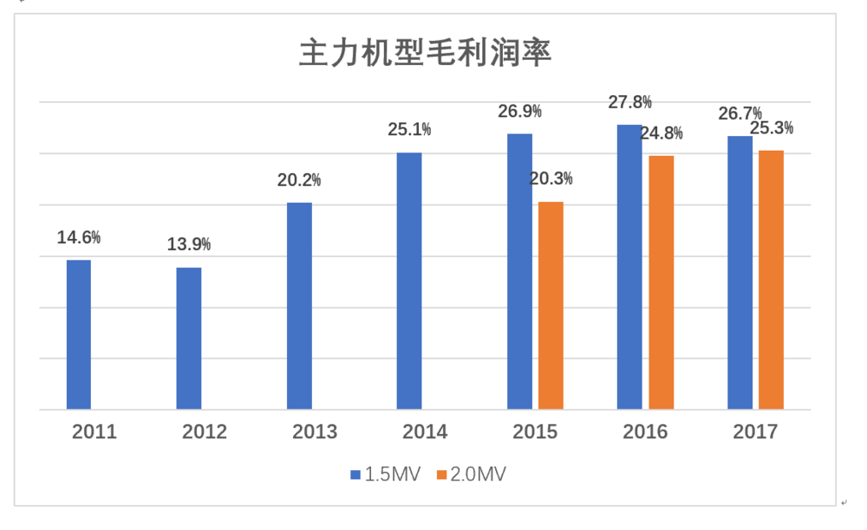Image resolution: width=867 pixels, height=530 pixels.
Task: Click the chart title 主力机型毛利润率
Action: click(425, 53)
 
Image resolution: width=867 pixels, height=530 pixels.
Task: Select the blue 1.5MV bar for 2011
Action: click(79, 334)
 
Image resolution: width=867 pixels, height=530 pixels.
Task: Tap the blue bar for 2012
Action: click(189, 338)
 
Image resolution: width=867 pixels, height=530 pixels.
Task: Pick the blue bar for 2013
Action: click(299, 306)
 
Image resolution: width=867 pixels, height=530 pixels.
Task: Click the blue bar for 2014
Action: click(409, 281)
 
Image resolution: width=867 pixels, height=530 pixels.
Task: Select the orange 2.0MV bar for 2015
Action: click(551, 305)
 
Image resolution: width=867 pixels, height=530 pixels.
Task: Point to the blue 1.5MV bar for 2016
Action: click(629, 267)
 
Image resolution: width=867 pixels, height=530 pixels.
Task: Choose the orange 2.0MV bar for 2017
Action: click(771, 280)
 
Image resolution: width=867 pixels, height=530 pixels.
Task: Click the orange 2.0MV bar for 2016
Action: click(661, 282)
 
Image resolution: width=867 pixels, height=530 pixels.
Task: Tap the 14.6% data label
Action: click(79, 237)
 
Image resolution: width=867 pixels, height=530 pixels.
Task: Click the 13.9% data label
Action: click(189, 244)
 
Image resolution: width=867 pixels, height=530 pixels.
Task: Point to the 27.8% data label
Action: click(629, 102)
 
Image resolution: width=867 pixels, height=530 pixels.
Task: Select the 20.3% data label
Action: click(551, 179)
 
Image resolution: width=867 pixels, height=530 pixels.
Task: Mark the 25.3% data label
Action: click(771, 128)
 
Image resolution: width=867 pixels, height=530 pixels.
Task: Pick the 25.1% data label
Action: click(409, 130)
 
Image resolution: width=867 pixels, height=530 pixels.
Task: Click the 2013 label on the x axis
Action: click(315, 431)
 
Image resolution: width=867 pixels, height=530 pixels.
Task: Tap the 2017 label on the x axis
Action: click(755, 431)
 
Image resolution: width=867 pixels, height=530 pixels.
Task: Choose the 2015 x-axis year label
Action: click(535, 431)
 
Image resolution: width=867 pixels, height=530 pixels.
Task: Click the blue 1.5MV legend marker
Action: click(355, 475)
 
